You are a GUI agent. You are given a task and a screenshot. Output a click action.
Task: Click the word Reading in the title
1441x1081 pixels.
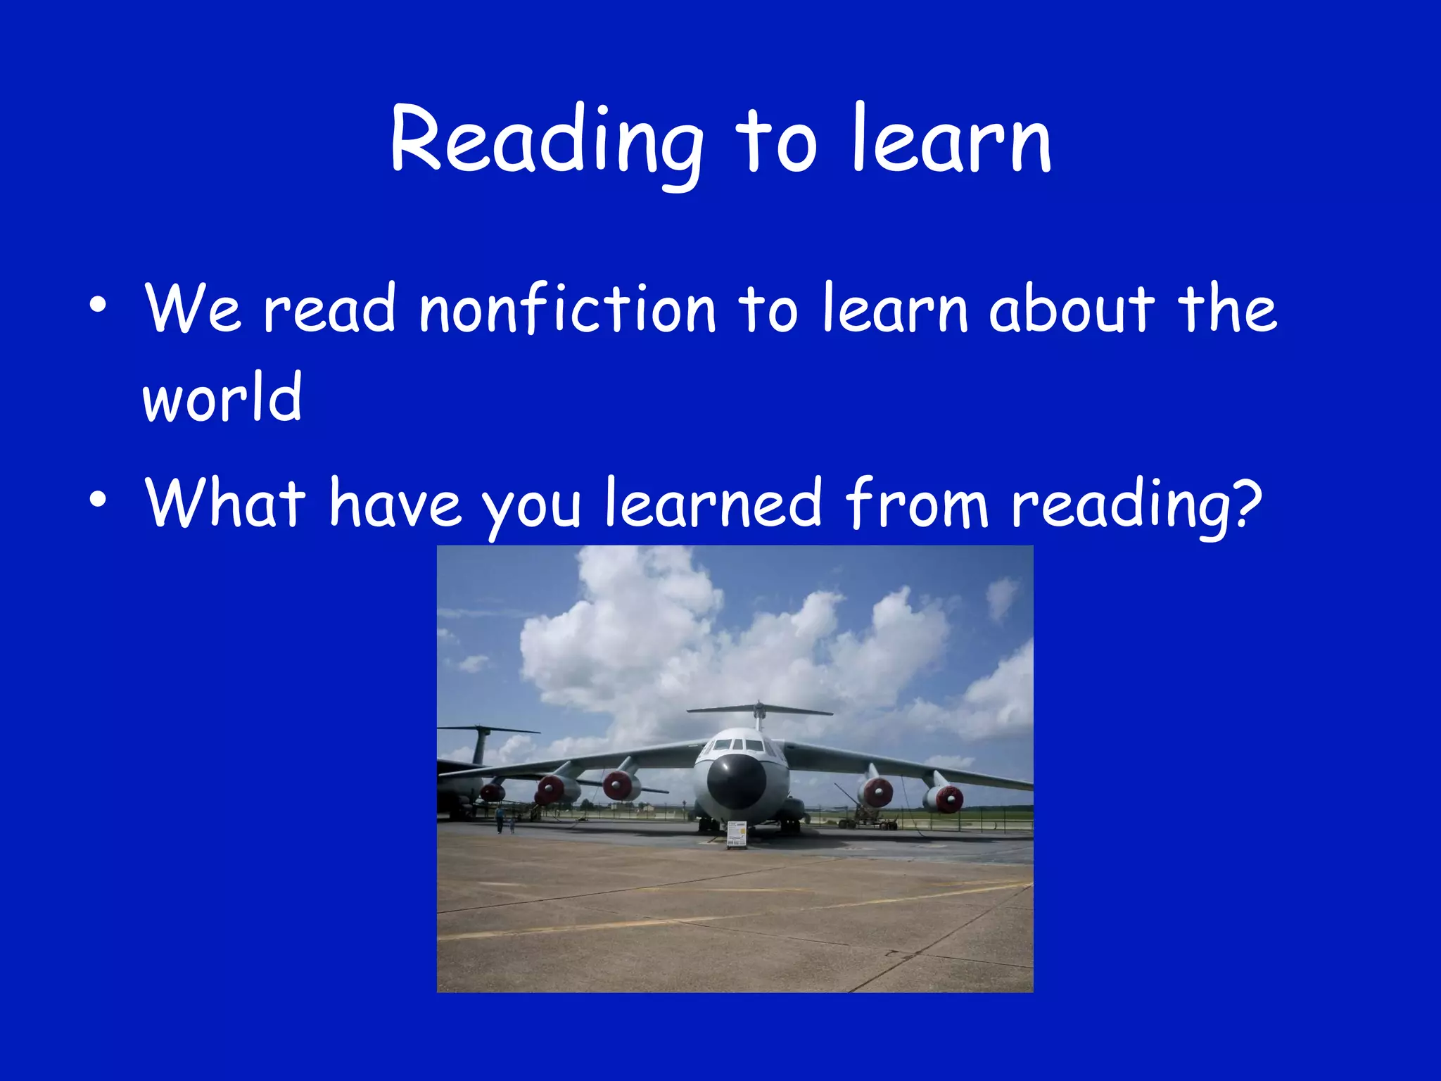pyautogui.click(x=546, y=141)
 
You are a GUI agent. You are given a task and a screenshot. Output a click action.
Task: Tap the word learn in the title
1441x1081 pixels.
pyautogui.click(x=951, y=141)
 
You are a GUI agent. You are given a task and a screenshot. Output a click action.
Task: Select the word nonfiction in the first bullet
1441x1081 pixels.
pyautogui.click(x=567, y=310)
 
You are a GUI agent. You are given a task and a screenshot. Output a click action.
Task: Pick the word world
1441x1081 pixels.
pyautogui.click(x=222, y=398)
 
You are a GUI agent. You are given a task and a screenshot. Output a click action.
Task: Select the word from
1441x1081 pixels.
pyautogui.click(x=918, y=502)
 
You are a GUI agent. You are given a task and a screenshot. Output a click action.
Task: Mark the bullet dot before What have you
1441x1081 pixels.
pyautogui.click(x=98, y=499)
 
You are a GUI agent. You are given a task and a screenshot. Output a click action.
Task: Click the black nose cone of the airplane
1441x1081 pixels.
pyautogui.click(x=736, y=780)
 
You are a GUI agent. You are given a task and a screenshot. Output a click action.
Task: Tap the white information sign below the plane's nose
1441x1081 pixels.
pyautogui.click(x=736, y=835)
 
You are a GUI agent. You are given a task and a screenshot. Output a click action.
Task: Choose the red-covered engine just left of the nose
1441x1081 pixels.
pyautogui.click(x=618, y=785)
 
